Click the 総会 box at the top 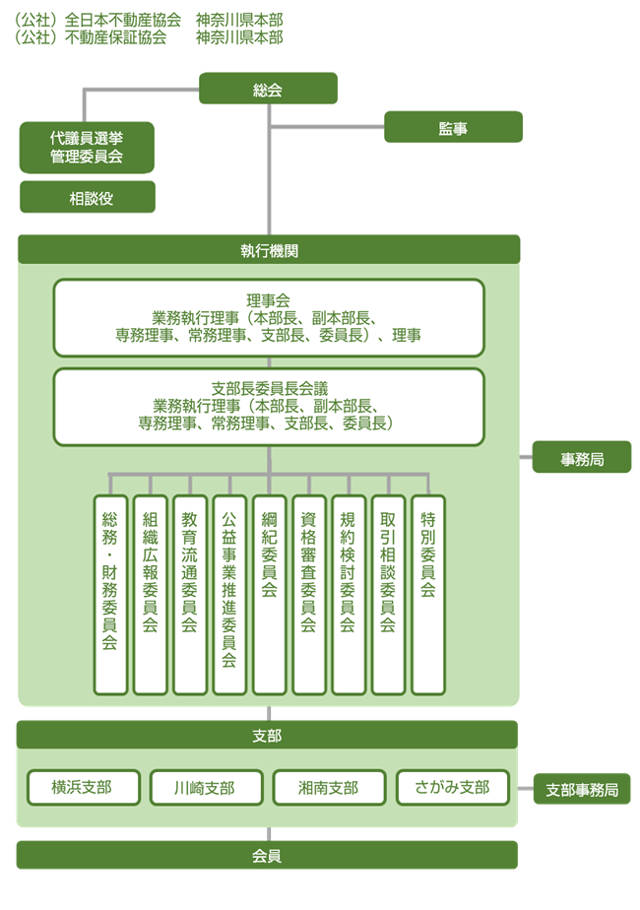coord(268,89)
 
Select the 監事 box coord(453,127)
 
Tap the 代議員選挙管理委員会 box coord(87,148)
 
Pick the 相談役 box coord(88,197)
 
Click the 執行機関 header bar coord(268,249)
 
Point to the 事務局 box coord(582,458)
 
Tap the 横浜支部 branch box coord(83,787)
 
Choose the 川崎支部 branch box coord(206,787)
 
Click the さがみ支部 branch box coord(453,787)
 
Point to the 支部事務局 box coord(582,789)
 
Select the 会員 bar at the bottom coord(267,855)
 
